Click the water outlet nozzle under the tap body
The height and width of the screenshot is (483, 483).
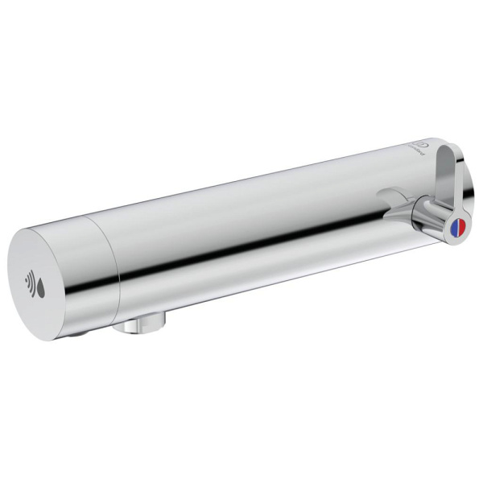point(142,325)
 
